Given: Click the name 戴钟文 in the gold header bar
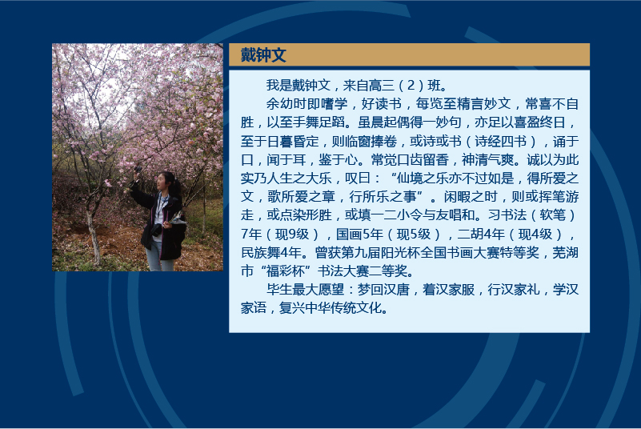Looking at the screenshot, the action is tap(263, 54).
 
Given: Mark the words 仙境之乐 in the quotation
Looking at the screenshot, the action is tap(423, 178).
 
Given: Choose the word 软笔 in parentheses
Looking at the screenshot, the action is tap(553, 215).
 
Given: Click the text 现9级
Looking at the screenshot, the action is tap(292, 234).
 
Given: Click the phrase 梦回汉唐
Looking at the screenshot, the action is tap(383, 290).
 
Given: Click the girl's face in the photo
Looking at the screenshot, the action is tap(162, 182).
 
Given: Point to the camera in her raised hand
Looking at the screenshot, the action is tap(138, 170).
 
